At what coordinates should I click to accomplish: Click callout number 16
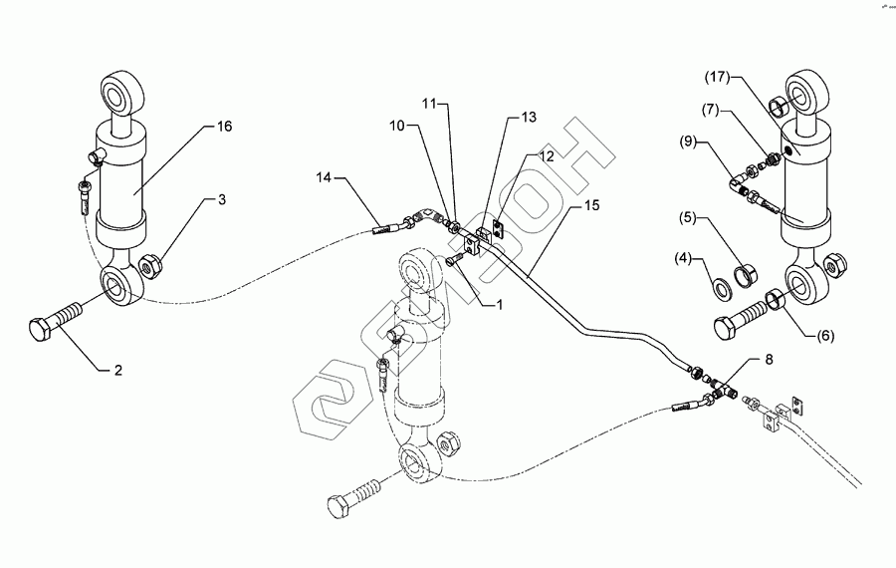[x=224, y=127]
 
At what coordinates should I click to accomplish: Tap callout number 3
[x=222, y=200]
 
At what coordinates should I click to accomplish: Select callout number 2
[x=117, y=370]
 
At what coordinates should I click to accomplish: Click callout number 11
[x=428, y=103]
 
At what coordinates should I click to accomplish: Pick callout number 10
[x=398, y=128]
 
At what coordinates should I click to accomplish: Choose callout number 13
[x=528, y=118]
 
